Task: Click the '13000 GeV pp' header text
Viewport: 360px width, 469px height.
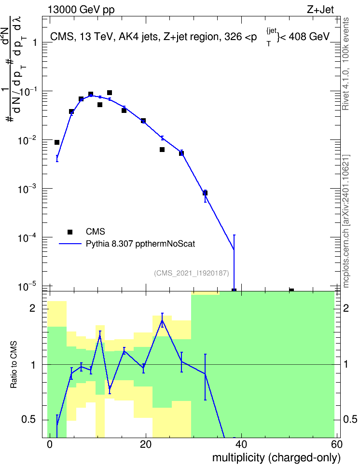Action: [81, 10]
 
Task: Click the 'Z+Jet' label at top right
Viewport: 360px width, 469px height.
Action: [320, 10]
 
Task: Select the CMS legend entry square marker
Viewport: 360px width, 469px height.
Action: [70, 232]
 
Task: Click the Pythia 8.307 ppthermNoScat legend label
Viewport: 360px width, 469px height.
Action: [140, 244]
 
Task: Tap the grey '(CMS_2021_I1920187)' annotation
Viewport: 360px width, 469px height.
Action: [192, 273]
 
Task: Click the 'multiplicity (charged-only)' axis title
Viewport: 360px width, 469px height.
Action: [276, 457]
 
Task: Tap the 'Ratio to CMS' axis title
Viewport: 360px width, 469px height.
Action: [14, 365]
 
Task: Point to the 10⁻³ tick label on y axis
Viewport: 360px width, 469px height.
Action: [28, 189]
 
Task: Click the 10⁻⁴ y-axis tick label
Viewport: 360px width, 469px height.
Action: [28, 237]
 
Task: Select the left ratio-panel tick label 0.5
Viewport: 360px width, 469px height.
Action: [29, 419]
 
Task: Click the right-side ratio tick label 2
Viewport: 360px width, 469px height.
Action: [346, 308]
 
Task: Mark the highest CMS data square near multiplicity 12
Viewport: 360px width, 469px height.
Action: [110, 93]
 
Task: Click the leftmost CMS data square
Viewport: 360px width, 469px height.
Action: [57, 142]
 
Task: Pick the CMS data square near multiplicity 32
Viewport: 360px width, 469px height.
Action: [205, 193]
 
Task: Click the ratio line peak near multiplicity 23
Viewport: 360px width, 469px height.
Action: [162, 320]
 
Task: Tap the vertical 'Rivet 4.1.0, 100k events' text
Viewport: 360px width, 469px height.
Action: [346, 64]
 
